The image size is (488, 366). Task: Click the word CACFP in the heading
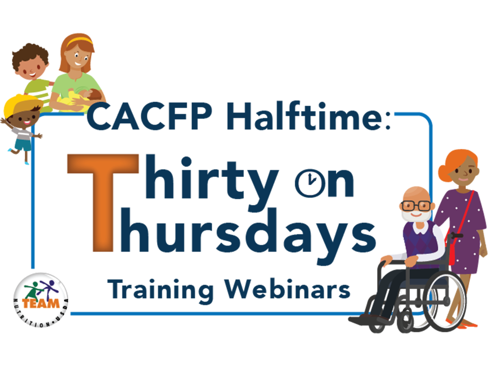(149, 116)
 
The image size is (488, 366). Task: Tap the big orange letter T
(103, 203)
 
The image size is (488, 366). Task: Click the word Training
(160, 291)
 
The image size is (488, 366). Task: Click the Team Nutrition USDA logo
(41, 300)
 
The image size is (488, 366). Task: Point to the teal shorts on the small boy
(23, 144)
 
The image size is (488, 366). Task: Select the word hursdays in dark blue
(247, 235)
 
